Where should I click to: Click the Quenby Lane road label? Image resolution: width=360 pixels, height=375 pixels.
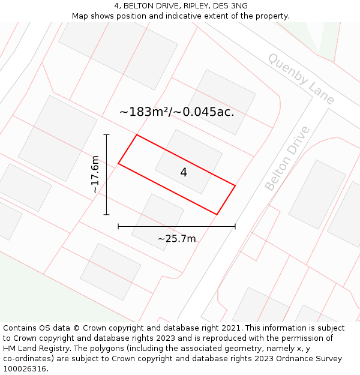[x=301, y=79]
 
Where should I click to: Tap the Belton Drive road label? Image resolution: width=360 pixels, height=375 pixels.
[x=287, y=158]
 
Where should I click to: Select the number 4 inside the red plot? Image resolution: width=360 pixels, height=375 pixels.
[x=184, y=173]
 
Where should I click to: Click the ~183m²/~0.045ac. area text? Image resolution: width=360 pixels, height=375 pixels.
[x=176, y=112]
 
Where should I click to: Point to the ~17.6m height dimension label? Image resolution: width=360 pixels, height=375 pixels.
[x=95, y=175]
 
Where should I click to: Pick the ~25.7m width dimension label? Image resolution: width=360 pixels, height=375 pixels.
[x=176, y=239]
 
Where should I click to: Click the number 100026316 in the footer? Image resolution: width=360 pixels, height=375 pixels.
[x=26, y=369]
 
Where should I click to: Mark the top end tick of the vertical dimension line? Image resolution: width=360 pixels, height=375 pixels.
[x=107, y=134]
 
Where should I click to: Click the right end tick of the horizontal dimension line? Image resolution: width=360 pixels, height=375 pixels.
[x=235, y=226]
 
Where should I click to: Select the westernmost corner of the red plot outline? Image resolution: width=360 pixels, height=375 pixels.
[x=118, y=163]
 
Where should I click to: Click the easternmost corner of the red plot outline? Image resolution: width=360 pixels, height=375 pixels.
[x=235, y=186]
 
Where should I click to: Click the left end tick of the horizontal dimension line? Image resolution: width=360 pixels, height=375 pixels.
[x=118, y=226]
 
